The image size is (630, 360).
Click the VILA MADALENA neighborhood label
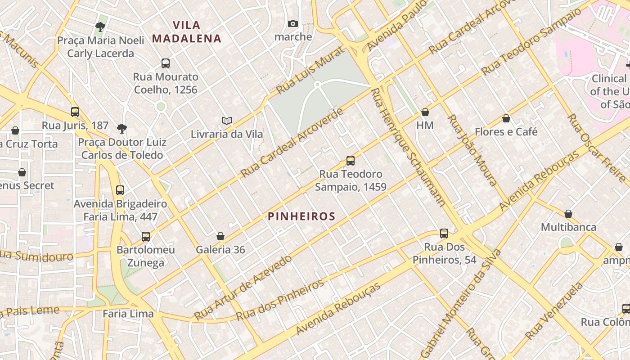click(187, 31)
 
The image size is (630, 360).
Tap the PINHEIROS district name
click(301, 216)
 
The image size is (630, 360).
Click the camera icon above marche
click(293, 23)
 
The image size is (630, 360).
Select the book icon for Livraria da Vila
click(227, 121)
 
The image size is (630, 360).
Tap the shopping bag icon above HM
click(425, 112)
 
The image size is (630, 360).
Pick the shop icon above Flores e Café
click(506, 118)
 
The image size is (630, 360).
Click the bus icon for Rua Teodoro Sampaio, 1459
click(350, 160)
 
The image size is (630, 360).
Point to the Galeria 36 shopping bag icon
click(220, 236)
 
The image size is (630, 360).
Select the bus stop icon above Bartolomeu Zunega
click(146, 236)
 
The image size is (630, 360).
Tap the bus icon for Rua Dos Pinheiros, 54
click(444, 233)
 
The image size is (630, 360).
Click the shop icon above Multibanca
click(568, 213)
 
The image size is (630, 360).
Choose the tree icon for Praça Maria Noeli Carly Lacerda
click(100, 27)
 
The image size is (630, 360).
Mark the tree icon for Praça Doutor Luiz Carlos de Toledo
click(121, 129)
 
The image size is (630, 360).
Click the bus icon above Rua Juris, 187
click(75, 112)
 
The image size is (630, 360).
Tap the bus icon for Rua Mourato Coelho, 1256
click(166, 63)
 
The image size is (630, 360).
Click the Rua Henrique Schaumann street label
click(408, 147)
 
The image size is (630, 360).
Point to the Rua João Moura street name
click(472, 150)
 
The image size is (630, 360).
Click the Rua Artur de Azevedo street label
click(243, 288)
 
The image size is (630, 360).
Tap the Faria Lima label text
click(128, 314)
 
